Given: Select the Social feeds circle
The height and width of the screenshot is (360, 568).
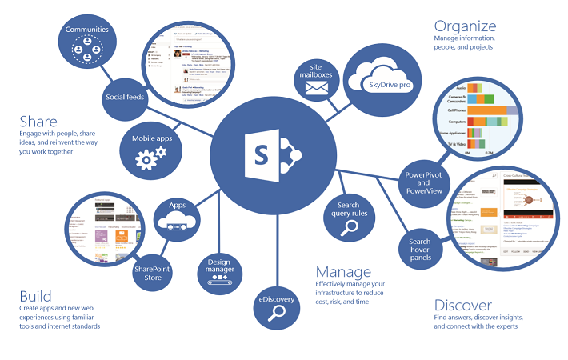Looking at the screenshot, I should [x=124, y=98].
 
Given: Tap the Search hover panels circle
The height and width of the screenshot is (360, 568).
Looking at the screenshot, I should [x=420, y=249].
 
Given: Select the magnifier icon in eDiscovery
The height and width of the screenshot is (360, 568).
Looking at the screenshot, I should [x=277, y=314].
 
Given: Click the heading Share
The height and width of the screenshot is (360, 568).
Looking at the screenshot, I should [x=38, y=121].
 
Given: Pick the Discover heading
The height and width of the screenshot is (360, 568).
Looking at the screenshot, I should [x=463, y=305].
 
